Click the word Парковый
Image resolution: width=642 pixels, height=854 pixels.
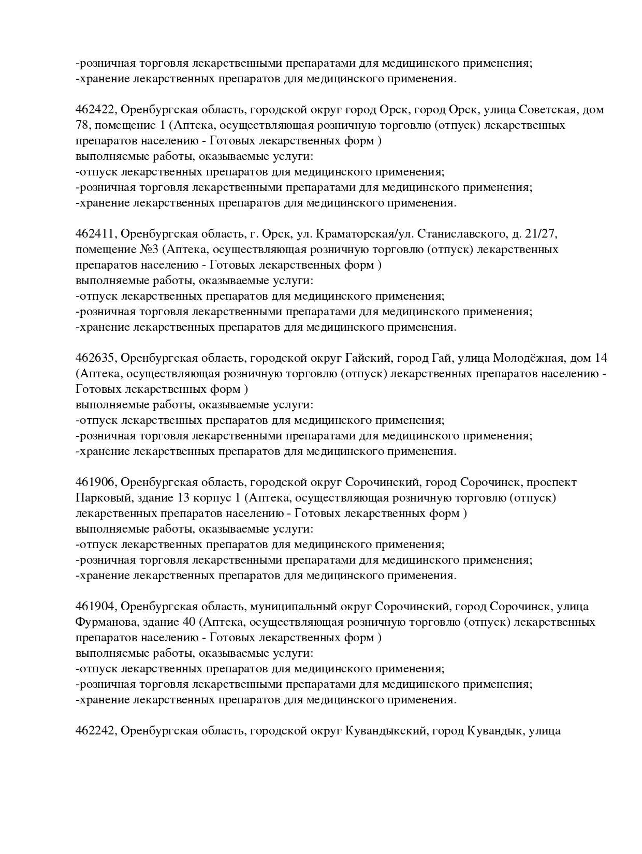pos(100,498)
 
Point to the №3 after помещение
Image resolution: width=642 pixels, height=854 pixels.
pos(149,249)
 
